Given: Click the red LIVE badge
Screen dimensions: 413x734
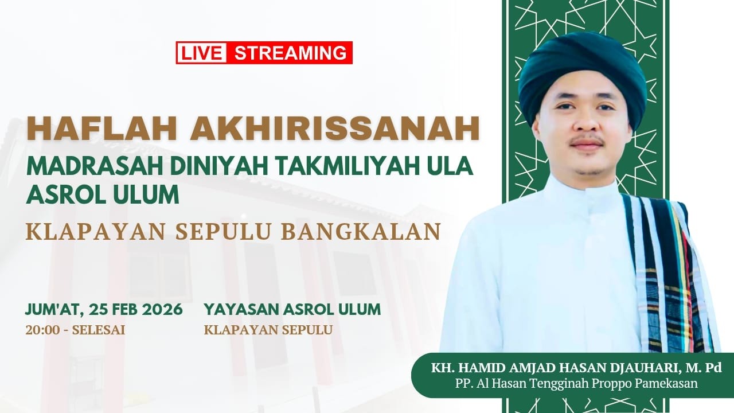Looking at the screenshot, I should coord(202,53).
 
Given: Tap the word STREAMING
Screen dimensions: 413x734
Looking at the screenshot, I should coord(291,53).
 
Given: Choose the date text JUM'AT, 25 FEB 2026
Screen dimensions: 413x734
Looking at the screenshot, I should coord(104,309).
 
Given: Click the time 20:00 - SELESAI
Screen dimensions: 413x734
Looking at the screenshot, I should coord(75,330).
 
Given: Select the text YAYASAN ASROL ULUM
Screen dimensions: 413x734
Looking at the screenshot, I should coord(292,309).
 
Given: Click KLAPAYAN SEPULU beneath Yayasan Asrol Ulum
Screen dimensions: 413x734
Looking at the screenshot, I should coord(268,330).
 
